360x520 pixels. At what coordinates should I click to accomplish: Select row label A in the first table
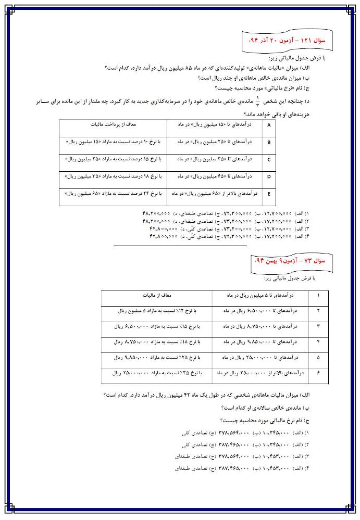(269, 125)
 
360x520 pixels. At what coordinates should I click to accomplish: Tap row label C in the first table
(269, 160)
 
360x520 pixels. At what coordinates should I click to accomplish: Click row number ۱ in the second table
(318, 296)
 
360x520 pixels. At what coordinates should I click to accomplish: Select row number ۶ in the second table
(318, 373)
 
